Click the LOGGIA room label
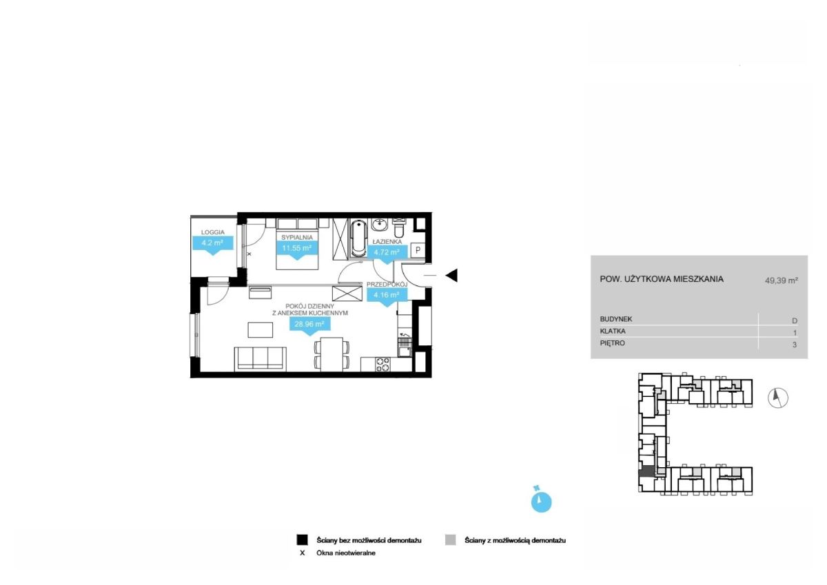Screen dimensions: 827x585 [213, 232]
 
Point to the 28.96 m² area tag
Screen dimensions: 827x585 [309, 325]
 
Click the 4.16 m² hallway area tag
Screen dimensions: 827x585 [387, 296]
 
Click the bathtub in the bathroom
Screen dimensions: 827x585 [358, 238]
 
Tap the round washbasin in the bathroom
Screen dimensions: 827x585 [379, 224]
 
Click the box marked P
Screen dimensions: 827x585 [418, 250]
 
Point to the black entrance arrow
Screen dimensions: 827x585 [451, 276]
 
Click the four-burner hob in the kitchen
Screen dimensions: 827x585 [382, 364]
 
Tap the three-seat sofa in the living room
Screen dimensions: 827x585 [261, 358]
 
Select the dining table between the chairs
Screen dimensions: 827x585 [331, 354]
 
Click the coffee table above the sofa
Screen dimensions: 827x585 [261, 329]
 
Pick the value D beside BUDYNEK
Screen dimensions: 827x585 [795, 320]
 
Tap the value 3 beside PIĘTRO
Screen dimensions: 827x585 [795, 345]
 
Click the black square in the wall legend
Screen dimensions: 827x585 [302, 540]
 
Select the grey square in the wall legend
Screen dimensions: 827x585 [450, 540]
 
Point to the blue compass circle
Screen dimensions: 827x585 [541, 502]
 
